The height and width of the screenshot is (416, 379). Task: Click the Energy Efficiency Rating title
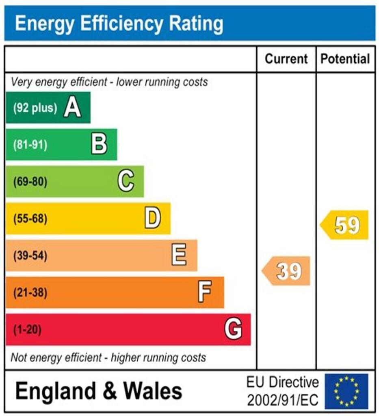[119, 24]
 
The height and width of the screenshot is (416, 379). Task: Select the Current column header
[286, 59]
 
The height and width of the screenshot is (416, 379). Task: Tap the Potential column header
[345, 59]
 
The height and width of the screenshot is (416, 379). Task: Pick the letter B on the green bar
[99, 144]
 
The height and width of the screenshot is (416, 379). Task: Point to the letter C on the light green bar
[126, 181]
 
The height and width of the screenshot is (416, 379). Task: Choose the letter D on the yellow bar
[153, 219]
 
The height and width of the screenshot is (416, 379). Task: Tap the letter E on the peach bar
[179, 256]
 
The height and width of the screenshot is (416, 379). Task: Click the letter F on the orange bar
[205, 292]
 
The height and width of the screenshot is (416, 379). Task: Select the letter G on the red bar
[233, 329]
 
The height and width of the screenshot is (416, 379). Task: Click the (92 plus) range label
[35, 108]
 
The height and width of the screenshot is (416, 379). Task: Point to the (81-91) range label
[30, 145]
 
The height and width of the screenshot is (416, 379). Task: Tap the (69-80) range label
[30, 182]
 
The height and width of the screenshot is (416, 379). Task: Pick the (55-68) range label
[30, 219]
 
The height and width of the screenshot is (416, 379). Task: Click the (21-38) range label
[30, 292]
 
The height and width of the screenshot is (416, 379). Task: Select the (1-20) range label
[28, 329]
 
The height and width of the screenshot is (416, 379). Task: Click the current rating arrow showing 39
[287, 271]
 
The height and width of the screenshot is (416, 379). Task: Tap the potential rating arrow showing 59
[345, 225]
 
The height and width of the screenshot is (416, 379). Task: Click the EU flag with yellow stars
[346, 391]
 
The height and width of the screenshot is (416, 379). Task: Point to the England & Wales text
[99, 391]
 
